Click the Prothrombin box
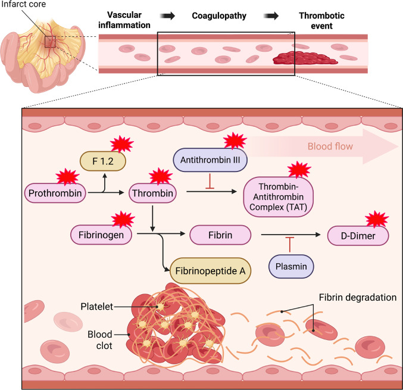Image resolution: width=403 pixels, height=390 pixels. (x=55, y=193)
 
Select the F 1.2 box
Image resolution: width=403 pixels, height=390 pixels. (x=103, y=161)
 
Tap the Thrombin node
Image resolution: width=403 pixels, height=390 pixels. (x=152, y=193)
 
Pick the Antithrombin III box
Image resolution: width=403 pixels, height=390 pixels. (x=210, y=160)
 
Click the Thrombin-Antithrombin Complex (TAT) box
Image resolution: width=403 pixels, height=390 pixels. (x=279, y=197)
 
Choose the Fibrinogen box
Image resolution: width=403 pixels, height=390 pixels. (x=101, y=235)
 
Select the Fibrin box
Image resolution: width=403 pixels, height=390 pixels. (x=220, y=235)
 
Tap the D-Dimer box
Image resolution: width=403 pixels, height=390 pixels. (x=358, y=236)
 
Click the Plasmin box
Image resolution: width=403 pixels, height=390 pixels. (x=291, y=266)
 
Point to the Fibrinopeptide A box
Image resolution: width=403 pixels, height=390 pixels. (x=210, y=271)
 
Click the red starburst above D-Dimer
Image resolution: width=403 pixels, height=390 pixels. (x=377, y=219)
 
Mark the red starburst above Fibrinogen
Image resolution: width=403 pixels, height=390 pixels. (x=123, y=220)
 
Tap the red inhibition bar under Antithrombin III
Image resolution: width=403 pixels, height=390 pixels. (x=210, y=182)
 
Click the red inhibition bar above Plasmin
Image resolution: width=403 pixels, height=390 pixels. (x=290, y=245)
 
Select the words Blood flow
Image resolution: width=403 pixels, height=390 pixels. (x=330, y=146)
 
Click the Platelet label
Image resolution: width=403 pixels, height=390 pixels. (x=97, y=307)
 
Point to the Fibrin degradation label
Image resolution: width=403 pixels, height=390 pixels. (x=358, y=297)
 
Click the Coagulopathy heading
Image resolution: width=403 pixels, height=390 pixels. (x=219, y=15)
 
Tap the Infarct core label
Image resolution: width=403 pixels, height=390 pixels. (x=24, y=4)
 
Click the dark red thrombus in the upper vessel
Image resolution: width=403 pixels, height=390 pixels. (x=305, y=58)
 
